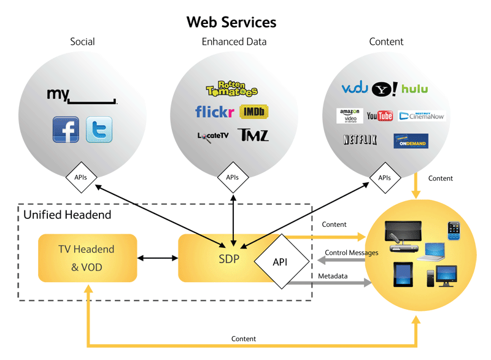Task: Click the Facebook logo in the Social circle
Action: [x=66, y=129]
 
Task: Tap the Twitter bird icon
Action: [x=99, y=129]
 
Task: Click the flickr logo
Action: [x=214, y=112]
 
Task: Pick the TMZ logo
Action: [x=254, y=135]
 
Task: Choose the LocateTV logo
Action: [x=212, y=136]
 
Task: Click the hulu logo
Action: [x=415, y=89]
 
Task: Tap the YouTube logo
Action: [x=380, y=116]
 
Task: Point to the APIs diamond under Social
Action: [x=80, y=178]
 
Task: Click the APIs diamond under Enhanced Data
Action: [x=232, y=178]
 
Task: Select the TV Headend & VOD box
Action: [x=87, y=258]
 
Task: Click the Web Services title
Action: [x=231, y=23]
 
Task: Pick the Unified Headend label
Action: [x=68, y=215]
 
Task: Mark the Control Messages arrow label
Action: [x=351, y=252]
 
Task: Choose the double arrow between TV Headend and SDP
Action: [x=157, y=258]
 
